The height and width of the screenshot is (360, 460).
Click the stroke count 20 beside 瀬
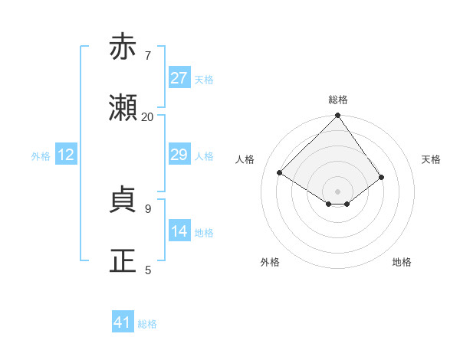[x=147, y=117]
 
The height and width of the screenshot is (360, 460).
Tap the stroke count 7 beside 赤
[x=147, y=56]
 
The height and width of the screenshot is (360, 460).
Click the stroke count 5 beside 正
[x=147, y=270]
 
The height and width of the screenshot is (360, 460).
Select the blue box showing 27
[x=179, y=78]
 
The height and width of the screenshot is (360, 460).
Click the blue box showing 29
[x=179, y=155]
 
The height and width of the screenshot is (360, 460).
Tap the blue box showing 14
[x=179, y=231]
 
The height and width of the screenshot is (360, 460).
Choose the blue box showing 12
[x=66, y=155]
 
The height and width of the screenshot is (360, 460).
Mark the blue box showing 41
[x=123, y=322]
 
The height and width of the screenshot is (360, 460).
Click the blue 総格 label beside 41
[x=147, y=324]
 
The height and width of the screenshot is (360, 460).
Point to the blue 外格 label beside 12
[x=41, y=156]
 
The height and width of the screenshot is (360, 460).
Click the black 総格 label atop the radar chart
[x=338, y=100]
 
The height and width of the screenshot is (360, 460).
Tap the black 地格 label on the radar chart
[x=402, y=262]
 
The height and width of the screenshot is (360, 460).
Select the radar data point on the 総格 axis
[x=338, y=116]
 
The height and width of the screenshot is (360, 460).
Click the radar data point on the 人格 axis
[x=280, y=173]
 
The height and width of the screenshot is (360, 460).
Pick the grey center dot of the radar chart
[x=338, y=191]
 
